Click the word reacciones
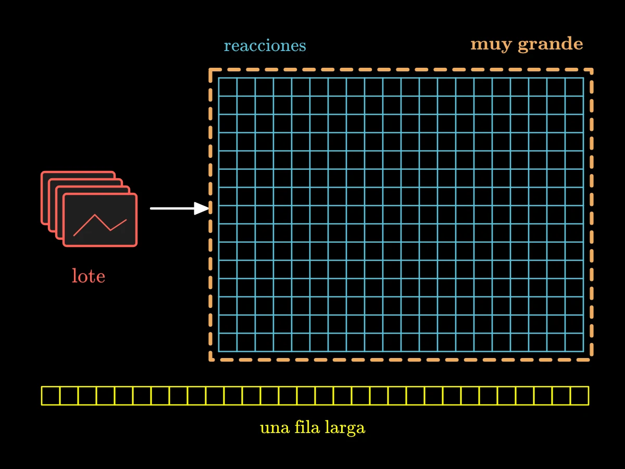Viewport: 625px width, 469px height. [265, 45]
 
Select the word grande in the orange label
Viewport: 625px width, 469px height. [551, 44]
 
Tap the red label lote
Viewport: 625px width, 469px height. [88, 276]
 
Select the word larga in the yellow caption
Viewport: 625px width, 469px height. [345, 428]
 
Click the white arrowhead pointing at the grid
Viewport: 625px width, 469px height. [202, 208]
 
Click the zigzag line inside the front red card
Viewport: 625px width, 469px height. [100, 225]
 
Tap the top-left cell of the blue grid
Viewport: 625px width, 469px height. [228, 87]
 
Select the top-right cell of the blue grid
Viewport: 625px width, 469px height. [574, 87]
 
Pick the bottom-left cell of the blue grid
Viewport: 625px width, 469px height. [228, 342]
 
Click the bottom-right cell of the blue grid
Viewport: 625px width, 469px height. [574, 342]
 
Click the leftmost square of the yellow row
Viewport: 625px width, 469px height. [51, 396]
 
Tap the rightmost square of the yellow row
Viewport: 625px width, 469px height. [580, 396]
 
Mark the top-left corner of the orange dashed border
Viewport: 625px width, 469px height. [210, 70]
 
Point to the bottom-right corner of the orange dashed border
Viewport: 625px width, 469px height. [591, 360]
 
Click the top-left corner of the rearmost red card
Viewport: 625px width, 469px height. [42, 172]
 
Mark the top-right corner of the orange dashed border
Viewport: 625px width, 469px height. [591, 70]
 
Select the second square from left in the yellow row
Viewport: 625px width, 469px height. [69, 396]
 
